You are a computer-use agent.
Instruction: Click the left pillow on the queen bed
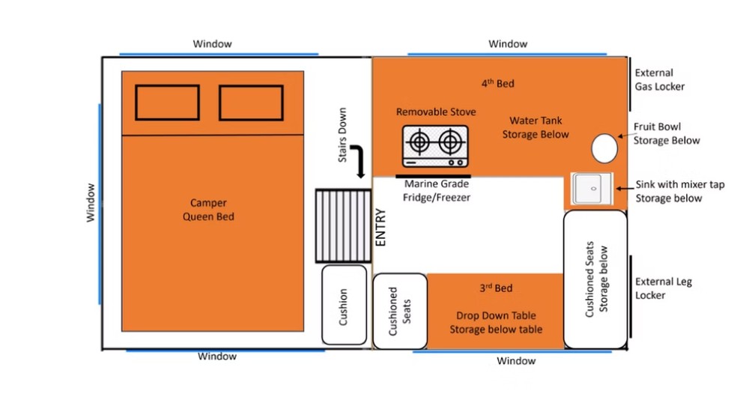(x=167, y=102)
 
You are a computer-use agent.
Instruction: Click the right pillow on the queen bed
(x=251, y=103)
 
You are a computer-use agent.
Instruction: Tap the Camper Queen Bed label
(x=209, y=210)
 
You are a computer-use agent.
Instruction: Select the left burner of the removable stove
(x=419, y=142)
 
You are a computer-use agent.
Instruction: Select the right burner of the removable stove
(x=450, y=142)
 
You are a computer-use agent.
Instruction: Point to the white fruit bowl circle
(x=604, y=148)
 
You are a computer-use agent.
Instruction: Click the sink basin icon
(x=592, y=189)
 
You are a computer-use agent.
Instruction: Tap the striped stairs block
(x=343, y=226)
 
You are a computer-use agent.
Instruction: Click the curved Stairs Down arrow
(x=358, y=161)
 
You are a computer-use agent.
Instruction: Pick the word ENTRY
(x=380, y=228)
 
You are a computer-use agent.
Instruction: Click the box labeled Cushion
(x=344, y=305)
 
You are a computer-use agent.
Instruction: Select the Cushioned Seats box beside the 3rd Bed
(x=400, y=311)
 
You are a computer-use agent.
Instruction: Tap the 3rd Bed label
(x=496, y=288)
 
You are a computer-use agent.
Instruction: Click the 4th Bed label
(x=498, y=83)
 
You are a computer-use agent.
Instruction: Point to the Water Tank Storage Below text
(x=536, y=127)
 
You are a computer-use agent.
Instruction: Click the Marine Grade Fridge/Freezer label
(x=436, y=190)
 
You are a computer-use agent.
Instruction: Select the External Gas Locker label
(x=660, y=79)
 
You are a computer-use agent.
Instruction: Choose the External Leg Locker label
(x=664, y=288)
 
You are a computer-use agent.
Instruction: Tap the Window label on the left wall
(x=91, y=202)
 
